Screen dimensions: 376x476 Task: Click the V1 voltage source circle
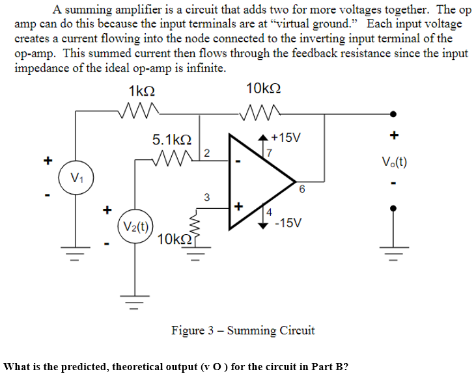76,178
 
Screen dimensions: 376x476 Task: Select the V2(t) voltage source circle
136,228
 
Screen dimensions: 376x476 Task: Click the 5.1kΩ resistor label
172,139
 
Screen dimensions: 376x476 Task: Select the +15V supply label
285,138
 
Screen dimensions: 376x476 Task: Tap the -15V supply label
287,223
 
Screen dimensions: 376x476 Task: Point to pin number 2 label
206,154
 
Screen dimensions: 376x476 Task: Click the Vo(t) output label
394,161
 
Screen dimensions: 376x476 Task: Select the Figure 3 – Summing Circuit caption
243,330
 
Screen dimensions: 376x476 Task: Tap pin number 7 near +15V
267,152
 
